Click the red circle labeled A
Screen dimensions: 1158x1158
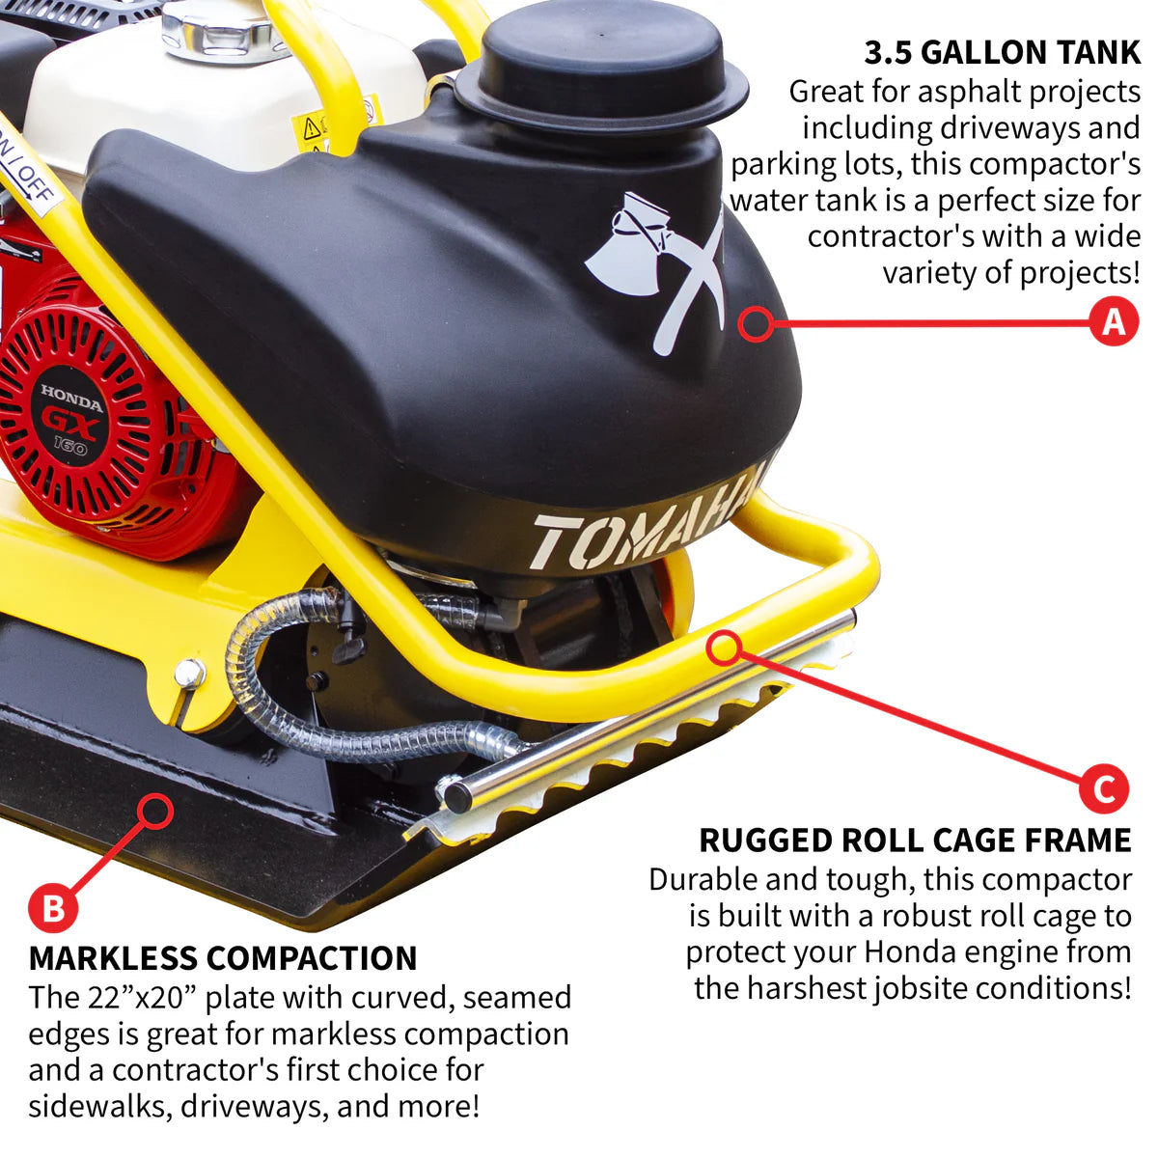[x=1114, y=321]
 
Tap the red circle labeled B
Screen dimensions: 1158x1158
[x=52, y=908]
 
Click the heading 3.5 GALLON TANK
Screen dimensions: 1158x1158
[x=1002, y=52]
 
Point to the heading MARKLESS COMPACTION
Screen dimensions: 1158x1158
[x=223, y=958]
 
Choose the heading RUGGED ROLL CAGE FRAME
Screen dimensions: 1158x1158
[x=915, y=841]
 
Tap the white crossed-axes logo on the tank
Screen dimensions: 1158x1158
[x=656, y=270]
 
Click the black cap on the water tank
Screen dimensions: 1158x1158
[x=600, y=58]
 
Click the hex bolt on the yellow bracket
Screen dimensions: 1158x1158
[x=190, y=673]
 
